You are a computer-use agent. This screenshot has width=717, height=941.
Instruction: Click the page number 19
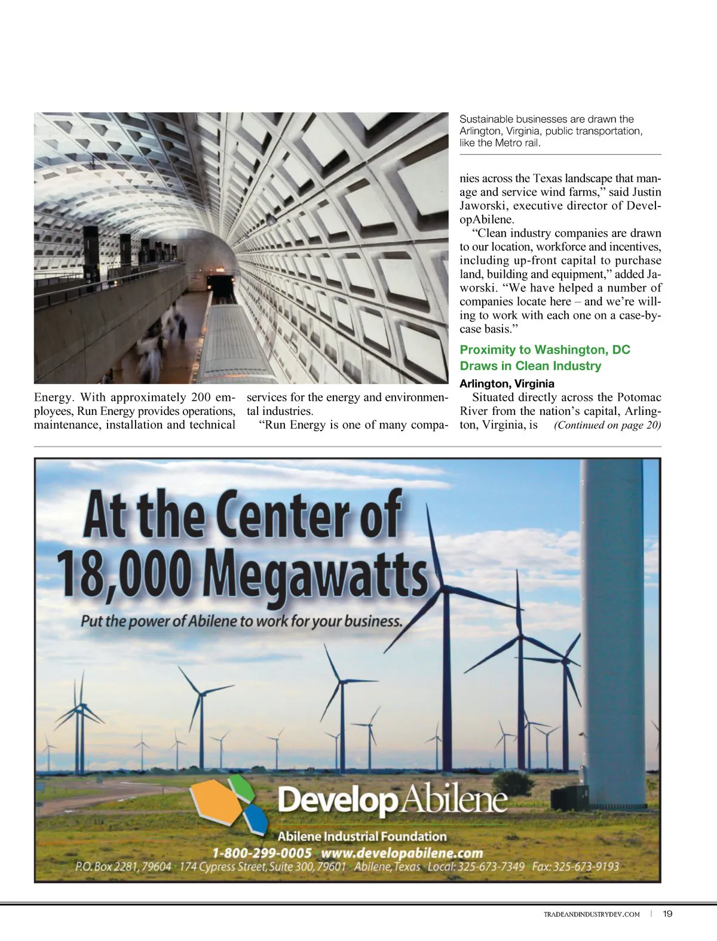click(x=667, y=914)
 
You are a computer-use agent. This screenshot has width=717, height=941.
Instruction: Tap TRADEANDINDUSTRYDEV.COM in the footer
click(x=592, y=914)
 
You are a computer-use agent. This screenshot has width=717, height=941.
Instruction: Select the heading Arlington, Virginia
click(x=507, y=383)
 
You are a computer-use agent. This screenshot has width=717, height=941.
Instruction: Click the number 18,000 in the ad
click(x=125, y=572)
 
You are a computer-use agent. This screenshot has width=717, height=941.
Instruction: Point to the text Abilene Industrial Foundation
click(x=361, y=837)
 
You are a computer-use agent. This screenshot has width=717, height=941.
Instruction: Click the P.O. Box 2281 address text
click(x=123, y=866)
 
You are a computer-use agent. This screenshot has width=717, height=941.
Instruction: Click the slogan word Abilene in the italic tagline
click(x=213, y=621)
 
